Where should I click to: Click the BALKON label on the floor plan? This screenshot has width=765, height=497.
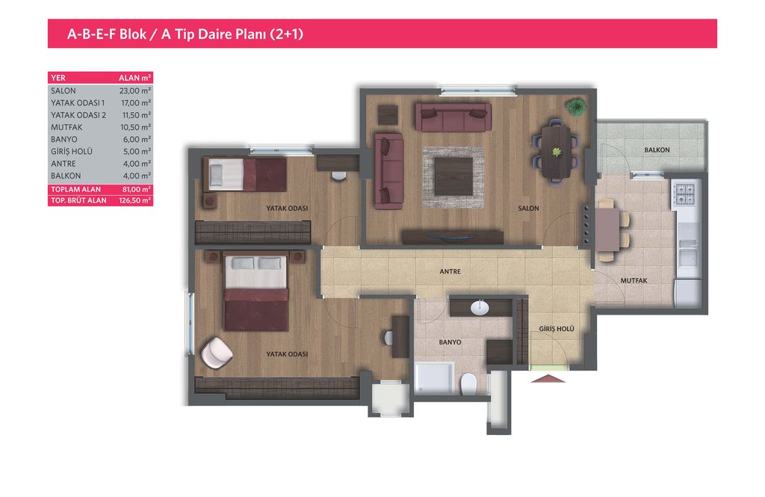tap(657, 150)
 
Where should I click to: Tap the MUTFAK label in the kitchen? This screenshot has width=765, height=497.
tap(634, 281)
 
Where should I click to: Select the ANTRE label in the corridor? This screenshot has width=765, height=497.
tap(450, 271)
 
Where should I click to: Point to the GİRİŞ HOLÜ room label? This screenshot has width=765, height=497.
tap(556, 329)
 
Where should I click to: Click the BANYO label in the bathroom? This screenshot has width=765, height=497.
tap(450, 342)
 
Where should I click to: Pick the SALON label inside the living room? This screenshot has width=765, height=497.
tap(528, 209)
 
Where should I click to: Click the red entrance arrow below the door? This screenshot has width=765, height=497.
tap(548, 378)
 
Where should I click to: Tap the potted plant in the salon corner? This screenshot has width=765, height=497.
tap(576, 106)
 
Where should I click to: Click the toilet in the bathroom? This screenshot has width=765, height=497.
tap(469, 384)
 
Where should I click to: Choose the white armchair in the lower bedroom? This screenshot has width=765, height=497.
tap(216, 353)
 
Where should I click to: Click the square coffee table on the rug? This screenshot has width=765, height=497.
tap(453, 176)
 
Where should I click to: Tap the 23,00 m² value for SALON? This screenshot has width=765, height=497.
tap(135, 91)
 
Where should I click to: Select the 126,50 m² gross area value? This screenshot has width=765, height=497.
tap(135, 200)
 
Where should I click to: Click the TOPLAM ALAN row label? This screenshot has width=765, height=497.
tap(75, 189)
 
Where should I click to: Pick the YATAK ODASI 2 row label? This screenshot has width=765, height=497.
tap(78, 115)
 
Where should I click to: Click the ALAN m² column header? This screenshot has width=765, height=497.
tap(135, 78)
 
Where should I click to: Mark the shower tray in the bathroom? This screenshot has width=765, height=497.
tap(434, 377)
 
